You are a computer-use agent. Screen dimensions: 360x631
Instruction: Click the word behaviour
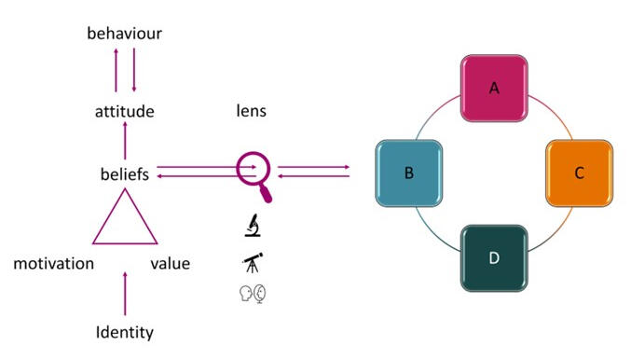(125, 34)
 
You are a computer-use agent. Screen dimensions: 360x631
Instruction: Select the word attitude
(124, 112)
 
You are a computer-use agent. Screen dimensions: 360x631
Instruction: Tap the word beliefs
(125, 173)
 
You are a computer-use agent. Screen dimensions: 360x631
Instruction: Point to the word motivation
(54, 264)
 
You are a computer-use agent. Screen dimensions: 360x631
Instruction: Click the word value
(170, 264)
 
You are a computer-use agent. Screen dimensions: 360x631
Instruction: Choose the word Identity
(125, 332)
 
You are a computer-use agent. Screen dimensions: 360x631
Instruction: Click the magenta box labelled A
(494, 90)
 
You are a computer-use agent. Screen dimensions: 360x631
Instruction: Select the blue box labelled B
(409, 173)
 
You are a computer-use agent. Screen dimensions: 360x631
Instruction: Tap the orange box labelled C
(579, 173)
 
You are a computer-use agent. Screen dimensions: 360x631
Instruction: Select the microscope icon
(252, 225)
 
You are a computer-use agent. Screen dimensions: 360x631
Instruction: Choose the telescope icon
(253, 263)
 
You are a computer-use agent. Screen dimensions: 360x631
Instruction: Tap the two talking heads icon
(253, 294)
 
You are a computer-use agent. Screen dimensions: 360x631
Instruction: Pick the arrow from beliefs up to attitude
(125, 144)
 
